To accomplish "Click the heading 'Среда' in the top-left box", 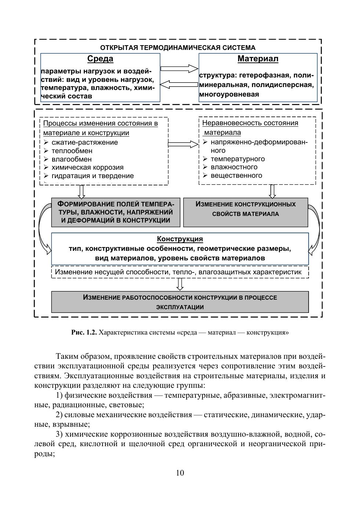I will pos(100,59).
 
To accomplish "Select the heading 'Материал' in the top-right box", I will pos(258,59).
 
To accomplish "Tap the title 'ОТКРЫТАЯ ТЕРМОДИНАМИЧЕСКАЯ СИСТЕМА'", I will pos(178,48).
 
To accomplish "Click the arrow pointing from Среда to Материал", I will pos(179,69).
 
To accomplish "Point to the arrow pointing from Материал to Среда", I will pos(179,85).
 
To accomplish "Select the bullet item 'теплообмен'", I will pos(72,151).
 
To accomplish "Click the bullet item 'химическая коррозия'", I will pos(87,167).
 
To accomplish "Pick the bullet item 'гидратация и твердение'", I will pos(93,176).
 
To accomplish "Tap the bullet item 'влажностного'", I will pos(234,167).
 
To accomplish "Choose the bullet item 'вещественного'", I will pos(236,176).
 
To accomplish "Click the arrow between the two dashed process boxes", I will pos(183,144).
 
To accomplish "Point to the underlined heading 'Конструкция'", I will pos(180,239).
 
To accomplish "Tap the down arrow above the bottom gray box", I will pos(180,284).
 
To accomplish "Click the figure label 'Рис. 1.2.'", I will pos(84,333).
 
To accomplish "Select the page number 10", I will pos(180,473).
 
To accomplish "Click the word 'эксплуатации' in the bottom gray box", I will pos(180,307).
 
